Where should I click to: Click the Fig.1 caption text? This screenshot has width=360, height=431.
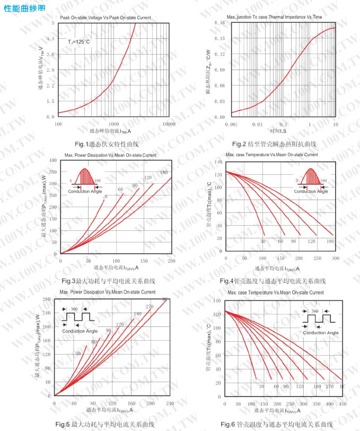coord(107,144)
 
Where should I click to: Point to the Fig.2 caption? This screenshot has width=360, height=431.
coord(274,144)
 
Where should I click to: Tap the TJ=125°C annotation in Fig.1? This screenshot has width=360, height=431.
coord(78,41)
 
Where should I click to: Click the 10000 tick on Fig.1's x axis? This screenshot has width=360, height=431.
coord(169,124)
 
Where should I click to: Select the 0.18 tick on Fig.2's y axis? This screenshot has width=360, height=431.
coord(219,23)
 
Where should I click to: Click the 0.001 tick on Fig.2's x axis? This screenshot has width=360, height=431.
coord(232,124)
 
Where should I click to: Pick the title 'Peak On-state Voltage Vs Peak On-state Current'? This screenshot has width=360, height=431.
coord(106,18)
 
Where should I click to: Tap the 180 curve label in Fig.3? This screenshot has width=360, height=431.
coord(163,173)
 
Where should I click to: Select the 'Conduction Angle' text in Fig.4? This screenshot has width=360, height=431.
coord(311,191)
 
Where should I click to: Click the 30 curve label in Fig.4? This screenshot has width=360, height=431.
coord(262,242)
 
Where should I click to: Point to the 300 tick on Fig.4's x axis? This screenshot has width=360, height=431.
coord(335,258)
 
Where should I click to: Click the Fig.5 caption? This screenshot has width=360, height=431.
coord(105,424)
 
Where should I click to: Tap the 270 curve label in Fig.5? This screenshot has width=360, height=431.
coord(149,306)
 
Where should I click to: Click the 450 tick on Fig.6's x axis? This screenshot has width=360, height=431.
coord(343,404)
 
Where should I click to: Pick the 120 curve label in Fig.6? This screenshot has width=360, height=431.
coord(300,387)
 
